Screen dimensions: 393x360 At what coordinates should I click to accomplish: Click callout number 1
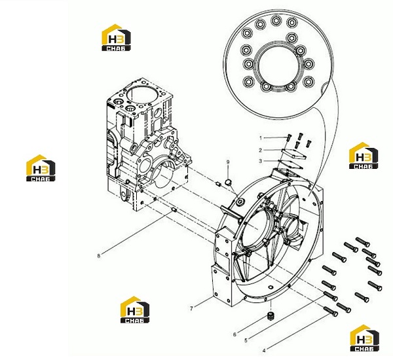click(261, 138)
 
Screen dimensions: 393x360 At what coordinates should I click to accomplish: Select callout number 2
click(261, 150)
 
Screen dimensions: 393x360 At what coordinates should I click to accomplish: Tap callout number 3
click(261, 161)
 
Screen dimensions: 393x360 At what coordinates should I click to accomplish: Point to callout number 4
click(264, 351)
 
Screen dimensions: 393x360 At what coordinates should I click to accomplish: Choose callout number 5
click(246, 340)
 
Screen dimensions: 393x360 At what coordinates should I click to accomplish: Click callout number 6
click(234, 334)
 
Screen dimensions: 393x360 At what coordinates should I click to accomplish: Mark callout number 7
click(191, 309)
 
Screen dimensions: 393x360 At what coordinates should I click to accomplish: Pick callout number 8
click(98, 256)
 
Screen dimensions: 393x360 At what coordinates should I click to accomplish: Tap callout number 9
click(228, 162)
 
